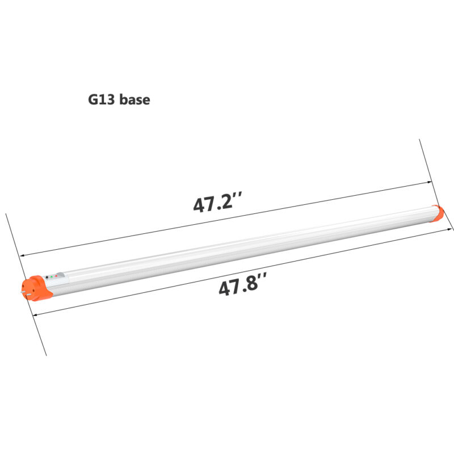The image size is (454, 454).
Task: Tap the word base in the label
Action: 134,100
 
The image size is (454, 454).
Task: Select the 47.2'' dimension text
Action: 218,203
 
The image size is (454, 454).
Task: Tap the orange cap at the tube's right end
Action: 437,214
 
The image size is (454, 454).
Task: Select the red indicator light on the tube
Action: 56,276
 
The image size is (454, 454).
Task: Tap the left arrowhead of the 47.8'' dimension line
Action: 35,315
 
